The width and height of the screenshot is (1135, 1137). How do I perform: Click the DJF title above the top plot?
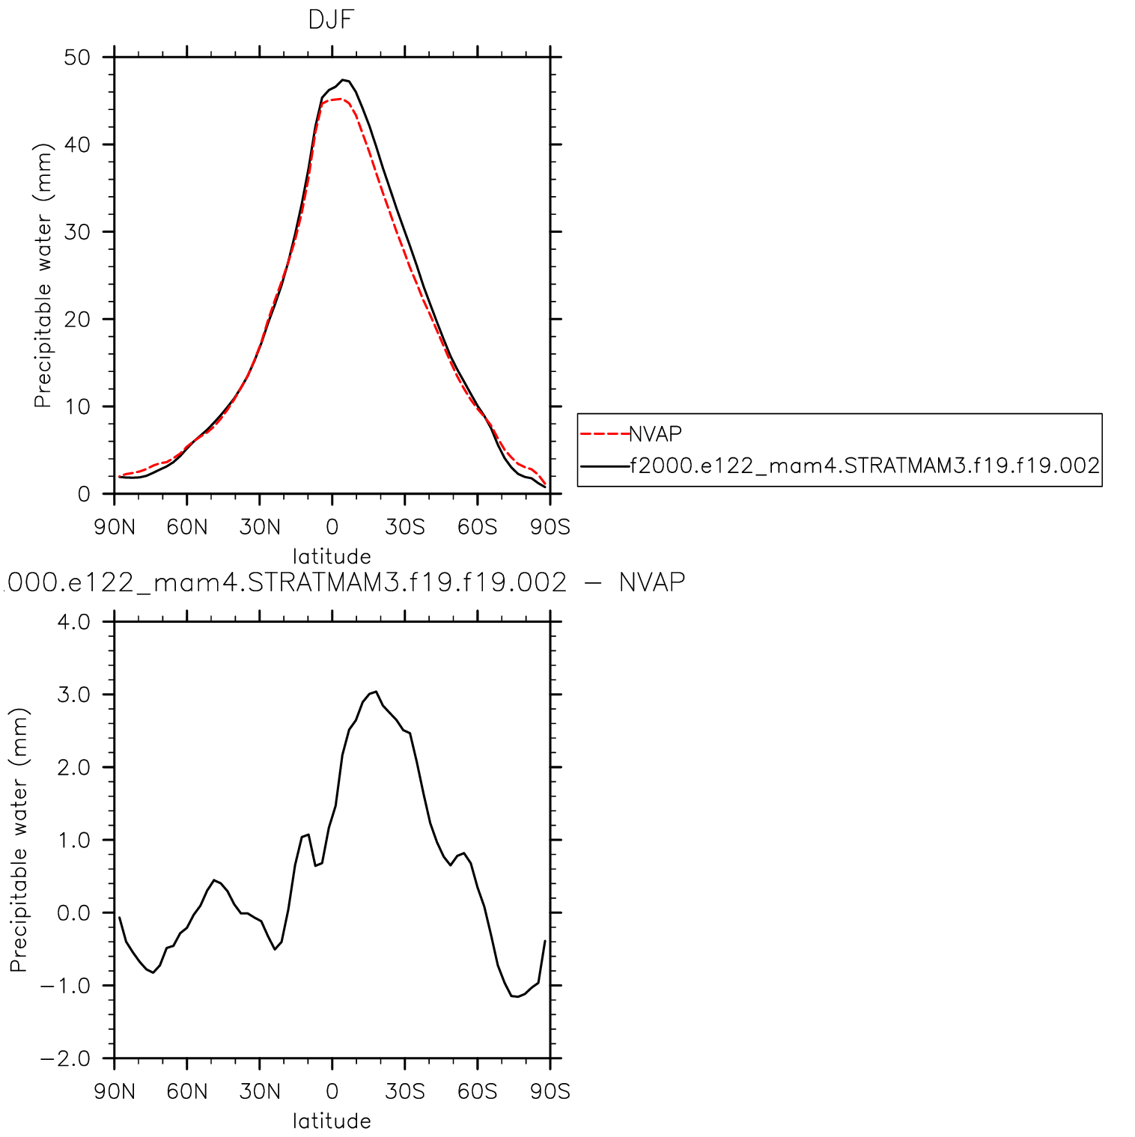[330, 20]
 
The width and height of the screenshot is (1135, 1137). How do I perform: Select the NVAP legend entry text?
[655, 434]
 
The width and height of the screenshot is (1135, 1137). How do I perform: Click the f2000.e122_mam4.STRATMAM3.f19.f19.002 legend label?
[864, 466]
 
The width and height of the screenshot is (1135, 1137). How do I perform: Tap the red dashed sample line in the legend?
[604, 434]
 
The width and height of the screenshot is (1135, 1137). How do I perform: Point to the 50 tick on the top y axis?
[76, 58]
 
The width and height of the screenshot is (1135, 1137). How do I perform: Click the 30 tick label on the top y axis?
[76, 232]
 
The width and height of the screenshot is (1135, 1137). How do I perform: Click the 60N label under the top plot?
[187, 528]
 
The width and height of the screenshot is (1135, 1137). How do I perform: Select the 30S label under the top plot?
[405, 528]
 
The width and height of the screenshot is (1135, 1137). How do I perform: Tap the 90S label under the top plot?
[550, 528]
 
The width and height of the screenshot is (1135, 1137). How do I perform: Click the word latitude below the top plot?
[332, 557]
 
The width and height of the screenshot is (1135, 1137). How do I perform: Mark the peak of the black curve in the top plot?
[343, 79]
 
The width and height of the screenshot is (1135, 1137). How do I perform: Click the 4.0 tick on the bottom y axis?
[73, 622]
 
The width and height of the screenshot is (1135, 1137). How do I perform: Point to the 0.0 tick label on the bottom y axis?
[73, 913]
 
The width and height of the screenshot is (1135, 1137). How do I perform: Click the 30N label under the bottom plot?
[260, 1092]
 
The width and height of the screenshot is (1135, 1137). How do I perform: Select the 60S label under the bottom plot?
[478, 1092]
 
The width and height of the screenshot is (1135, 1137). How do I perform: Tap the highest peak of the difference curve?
[376, 692]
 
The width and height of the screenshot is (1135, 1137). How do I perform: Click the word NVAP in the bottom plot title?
[652, 582]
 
